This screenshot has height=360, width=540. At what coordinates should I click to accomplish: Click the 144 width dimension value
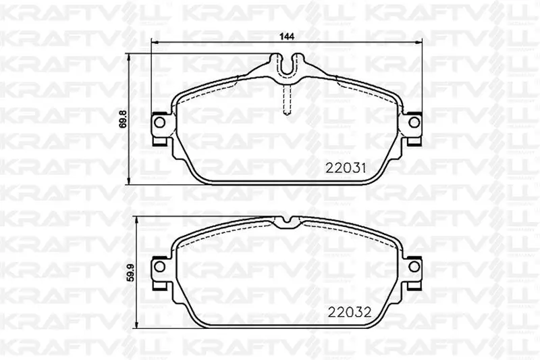pyautogui.click(x=286, y=36)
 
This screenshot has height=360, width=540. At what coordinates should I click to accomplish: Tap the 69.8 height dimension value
pyautogui.click(x=123, y=119)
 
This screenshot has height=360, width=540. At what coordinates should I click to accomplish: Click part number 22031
pyautogui.click(x=346, y=168)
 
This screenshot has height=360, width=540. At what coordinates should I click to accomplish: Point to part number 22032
pyautogui.click(x=350, y=312)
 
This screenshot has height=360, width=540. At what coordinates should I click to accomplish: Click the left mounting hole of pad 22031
pyautogui.click(x=159, y=122)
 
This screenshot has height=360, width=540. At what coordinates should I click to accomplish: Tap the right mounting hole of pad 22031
pyautogui.click(x=414, y=122)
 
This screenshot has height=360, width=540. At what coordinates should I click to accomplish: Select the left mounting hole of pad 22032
pyautogui.click(x=159, y=266)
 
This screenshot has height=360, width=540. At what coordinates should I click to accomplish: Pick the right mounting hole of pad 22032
pyautogui.click(x=414, y=266)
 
